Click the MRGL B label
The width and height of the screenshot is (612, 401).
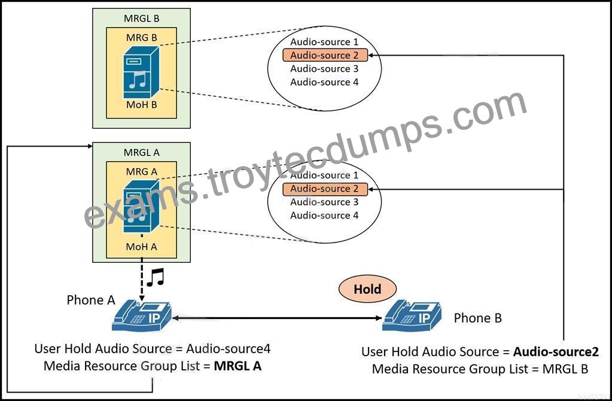point(141,19)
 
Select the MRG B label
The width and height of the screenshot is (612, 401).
point(141,38)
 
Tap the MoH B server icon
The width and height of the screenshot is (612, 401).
point(141,72)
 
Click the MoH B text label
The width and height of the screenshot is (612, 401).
point(141,105)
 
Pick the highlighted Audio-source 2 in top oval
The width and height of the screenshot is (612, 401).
point(325,56)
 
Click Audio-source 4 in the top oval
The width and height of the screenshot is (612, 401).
point(324,82)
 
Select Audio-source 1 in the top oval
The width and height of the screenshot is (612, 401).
point(324,42)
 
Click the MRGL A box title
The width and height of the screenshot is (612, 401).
point(141,152)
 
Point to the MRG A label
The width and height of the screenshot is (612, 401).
point(141,171)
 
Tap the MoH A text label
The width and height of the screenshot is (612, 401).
point(141,247)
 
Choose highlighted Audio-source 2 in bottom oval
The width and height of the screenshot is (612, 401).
point(325,189)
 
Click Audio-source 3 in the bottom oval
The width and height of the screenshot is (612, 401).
point(324,202)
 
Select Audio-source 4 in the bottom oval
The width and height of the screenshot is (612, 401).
point(324,215)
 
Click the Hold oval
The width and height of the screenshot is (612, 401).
point(367,289)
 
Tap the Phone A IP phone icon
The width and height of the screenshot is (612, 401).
point(142,315)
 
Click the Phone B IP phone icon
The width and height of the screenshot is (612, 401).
point(412,315)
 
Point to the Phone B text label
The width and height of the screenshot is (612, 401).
point(478,318)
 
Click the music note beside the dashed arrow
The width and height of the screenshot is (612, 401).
point(156,278)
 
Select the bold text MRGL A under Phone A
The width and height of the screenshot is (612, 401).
point(238,366)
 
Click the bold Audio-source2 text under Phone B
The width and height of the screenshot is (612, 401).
point(556,352)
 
